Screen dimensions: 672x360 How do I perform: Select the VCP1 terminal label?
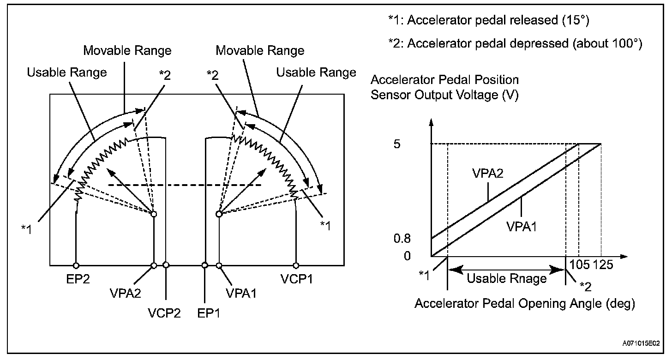(295, 280)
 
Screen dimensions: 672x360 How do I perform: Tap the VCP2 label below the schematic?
(164, 313)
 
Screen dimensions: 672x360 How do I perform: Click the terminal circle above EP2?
(76, 265)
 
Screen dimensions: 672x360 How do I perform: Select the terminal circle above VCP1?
(295, 265)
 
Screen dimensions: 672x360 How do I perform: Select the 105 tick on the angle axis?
(580, 266)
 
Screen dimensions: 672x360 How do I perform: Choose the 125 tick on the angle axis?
(602, 266)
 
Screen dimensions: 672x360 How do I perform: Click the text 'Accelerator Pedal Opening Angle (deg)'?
(525, 304)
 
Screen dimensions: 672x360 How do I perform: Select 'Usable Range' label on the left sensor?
(67, 72)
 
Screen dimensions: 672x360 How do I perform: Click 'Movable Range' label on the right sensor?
(260, 50)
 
